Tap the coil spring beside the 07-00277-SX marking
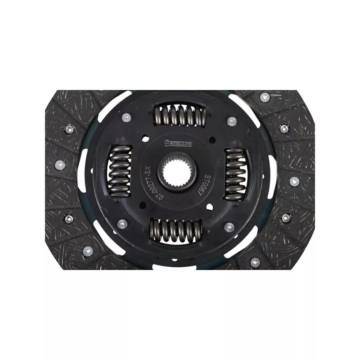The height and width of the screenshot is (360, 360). [120, 171]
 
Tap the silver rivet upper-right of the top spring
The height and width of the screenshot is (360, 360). [232, 121]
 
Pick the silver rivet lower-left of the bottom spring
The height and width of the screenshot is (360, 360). [122, 224]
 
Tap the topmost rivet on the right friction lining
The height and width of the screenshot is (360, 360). [265, 96]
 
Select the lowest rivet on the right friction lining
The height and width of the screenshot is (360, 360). [256, 261]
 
